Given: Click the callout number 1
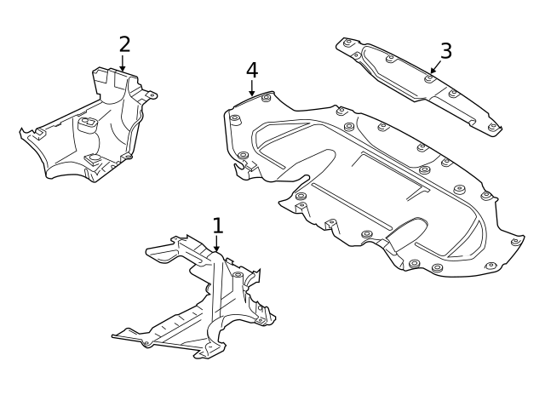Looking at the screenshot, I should coord(218,226).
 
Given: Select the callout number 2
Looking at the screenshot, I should coord(124,44).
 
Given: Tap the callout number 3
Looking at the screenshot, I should coord(445,51).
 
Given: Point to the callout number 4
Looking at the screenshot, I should coord(251,70).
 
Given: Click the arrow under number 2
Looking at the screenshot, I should coord(123,64).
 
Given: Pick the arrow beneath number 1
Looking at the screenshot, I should coord(216,244).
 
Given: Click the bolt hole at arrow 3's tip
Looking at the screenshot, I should coord(428,78).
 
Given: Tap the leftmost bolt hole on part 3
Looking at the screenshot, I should coord(347,43).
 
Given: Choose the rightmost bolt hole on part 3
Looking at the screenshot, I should coord(492,127).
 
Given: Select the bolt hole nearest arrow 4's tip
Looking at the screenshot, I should coord(266,98).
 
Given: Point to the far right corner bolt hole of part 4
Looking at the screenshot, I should coord(515,242).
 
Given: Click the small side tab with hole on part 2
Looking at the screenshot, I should coord(151,95).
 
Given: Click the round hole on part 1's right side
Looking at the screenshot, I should coord(238,275).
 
